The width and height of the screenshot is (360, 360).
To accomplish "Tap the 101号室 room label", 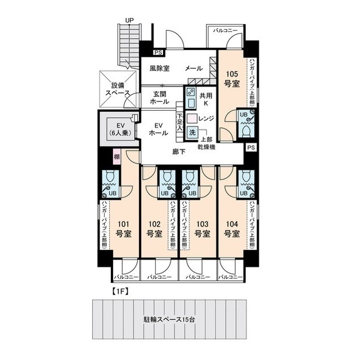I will click(x=122, y=228).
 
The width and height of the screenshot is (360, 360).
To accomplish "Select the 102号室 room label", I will click(x=155, y=228).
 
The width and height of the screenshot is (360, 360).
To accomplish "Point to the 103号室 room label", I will click(x=202, y=228).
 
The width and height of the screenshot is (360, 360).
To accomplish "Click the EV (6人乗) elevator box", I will click(x=119, y=129).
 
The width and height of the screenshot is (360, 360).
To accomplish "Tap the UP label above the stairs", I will click(x=129, y=21).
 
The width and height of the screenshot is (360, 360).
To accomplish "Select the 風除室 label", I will click(x=160, y=69).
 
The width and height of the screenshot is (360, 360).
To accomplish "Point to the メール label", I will click(x=194, y=69).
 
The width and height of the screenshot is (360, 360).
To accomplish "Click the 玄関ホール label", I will click(x=159, y=100).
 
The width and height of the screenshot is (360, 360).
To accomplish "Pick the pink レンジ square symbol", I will click(x=192, y=119).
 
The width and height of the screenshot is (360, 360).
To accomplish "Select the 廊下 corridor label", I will click(x=178, y=151).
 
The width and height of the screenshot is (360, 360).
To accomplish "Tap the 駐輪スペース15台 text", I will click(x=169, y=320).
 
